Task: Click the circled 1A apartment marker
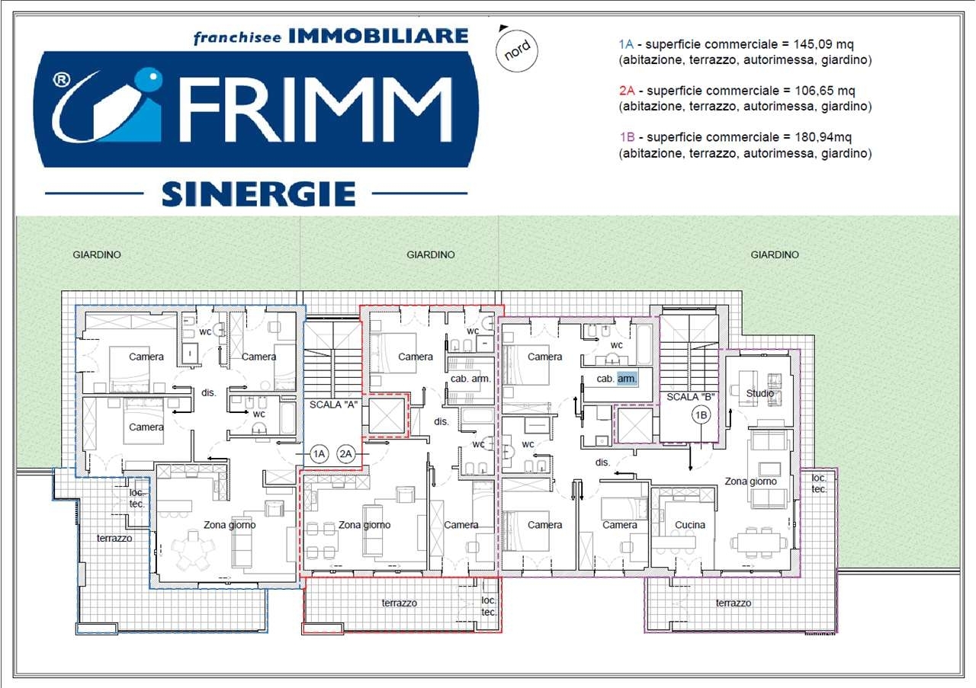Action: (319, 454)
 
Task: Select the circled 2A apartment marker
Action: (345, 454)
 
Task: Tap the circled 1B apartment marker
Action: (701, 415)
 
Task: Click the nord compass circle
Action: (517, 51)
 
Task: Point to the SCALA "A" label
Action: (333, 405)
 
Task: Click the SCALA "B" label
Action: (690, 397)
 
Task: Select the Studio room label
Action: (760, 393)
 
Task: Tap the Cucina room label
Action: (690, 525)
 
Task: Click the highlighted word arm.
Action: (627, 379)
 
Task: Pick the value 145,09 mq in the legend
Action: (823, 44)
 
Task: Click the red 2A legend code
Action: (627, 91)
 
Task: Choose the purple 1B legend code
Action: (627, 137)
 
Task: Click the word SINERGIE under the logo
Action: (258, 194)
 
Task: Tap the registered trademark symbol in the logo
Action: (62, 80)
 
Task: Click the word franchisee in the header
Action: (237, 37)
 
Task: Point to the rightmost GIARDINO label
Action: (774, 254)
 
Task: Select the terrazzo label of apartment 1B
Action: (734, 603)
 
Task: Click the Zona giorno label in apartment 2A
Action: (364, 525)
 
